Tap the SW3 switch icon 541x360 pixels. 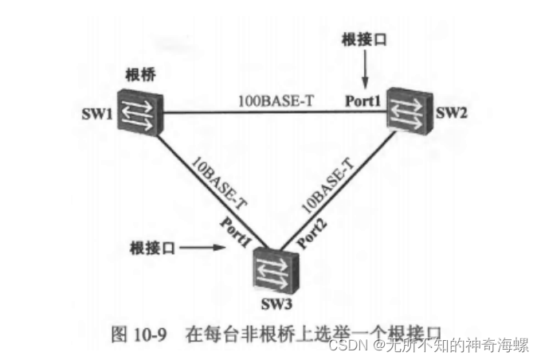(275, 268)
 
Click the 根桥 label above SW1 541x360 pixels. (141, 75)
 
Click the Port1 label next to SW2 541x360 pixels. (363, 101)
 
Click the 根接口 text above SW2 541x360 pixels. (363, 39)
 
